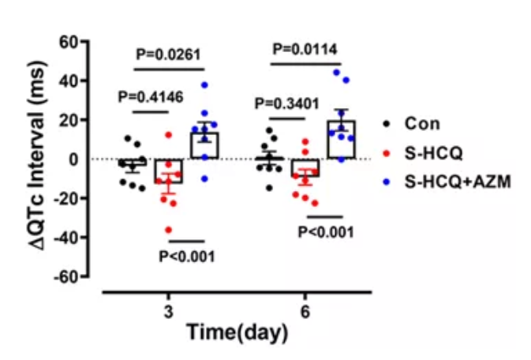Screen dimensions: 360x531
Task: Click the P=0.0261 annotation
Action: click(169, 54)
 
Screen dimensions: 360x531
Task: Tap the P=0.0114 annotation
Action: click(305, 50)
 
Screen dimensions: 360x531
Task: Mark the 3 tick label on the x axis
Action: click(168, 310)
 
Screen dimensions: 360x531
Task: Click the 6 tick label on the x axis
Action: click(305, 310)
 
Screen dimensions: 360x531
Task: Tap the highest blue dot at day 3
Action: click(204, 84)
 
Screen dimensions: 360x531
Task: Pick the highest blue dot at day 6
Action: click(337, 73)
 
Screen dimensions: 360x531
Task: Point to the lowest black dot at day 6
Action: click(271, 188)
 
